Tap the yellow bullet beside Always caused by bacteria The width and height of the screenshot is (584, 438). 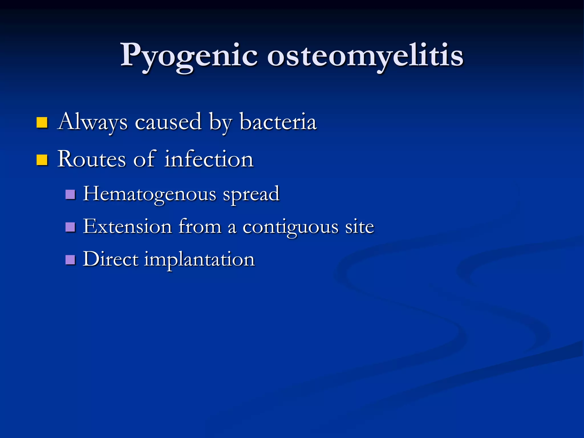coord(42,123)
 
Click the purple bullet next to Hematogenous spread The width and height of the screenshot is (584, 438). coord(70,194)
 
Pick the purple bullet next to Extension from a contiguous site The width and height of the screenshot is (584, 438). coord(70,227)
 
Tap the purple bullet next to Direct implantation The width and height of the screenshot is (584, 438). coord(70,260)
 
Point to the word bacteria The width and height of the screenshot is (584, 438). coord(278,122)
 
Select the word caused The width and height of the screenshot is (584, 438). coord(168,122)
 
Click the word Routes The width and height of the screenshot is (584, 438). coord(92,159)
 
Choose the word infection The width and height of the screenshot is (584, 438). coord(209,159)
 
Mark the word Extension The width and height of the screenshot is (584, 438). coord(127,227)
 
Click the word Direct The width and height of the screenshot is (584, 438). coord(110,259)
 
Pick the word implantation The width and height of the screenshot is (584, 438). coord(199,260)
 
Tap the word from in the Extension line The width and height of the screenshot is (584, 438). coord(200,227)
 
